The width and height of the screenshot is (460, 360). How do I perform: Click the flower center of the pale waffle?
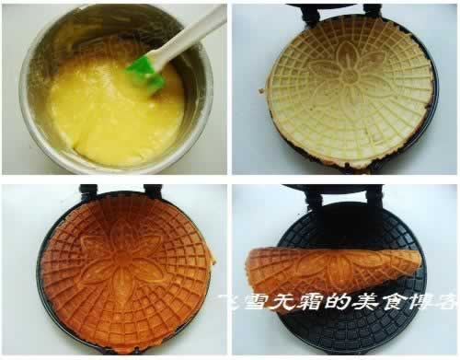point(349,75)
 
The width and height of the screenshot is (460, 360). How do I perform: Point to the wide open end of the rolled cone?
point(252,273)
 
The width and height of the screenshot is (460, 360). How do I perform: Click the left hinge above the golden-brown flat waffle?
point(88,191)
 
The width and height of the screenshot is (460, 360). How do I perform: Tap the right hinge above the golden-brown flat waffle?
point(153,191)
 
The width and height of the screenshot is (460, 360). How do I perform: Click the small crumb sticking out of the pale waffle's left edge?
point(261,90)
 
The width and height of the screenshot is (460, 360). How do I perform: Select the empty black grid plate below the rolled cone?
point(352,325)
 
